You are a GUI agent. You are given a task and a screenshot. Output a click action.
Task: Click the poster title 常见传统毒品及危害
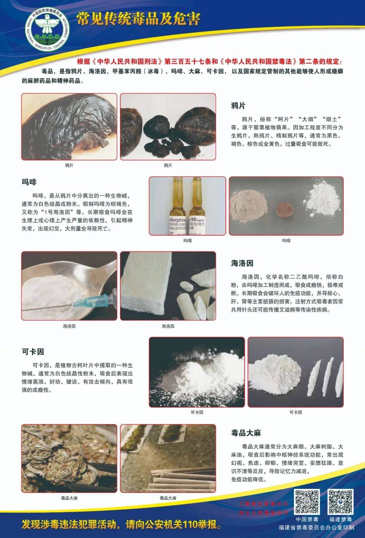[138, 19]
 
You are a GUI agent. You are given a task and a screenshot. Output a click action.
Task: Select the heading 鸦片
[238, 106]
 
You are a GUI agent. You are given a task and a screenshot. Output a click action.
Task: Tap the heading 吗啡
[29, 182]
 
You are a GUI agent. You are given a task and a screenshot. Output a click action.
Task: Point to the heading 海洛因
[242, 263]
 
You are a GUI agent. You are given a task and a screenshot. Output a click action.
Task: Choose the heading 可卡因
[33, 352]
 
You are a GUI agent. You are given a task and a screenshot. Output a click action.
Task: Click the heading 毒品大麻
[246, 433]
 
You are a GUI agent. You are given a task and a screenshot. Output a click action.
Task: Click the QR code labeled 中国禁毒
[307, 502]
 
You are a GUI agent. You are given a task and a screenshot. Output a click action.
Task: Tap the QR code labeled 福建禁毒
[340, 502]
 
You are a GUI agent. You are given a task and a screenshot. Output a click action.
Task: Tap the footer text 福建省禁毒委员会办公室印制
[316, 528]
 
